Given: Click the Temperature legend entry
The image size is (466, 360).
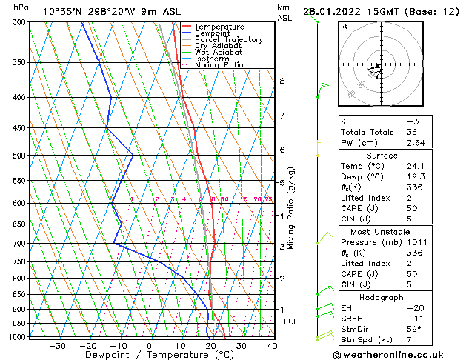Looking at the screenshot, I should (x=219, y=27).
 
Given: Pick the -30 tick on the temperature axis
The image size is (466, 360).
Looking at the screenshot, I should (x=57, y=346).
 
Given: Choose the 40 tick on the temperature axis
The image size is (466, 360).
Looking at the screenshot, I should (x=272, y=346).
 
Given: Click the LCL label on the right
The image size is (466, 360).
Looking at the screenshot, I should (x=291, y=321).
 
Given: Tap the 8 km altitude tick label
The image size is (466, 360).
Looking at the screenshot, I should (x=282, y=81).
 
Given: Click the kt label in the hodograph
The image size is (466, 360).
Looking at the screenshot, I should (x=344, y=27).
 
